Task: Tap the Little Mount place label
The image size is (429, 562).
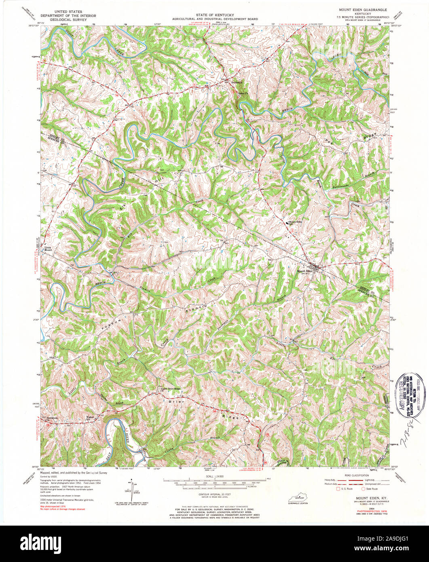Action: pos(48,249)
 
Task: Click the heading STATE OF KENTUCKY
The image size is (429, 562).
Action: pos(214,15)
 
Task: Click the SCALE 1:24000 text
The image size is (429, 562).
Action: pos(214,477)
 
